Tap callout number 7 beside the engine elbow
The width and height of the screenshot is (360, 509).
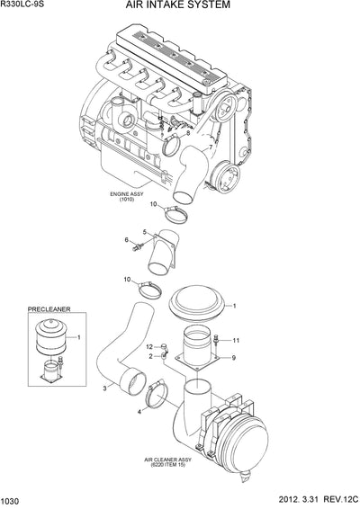[x=211, y=147]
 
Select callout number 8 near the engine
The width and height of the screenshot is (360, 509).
[x=187, y=133]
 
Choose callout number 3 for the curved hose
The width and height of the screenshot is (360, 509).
[x=105, y=388]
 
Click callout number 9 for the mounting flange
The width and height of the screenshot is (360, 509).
[x=233, y=359]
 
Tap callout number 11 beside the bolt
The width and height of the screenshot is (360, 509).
[x=237, y=341]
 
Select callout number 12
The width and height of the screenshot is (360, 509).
[x=151, y=345]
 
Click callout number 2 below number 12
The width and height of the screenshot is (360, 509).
[x=151, y=356]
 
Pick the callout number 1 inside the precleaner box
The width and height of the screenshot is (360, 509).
[x=79, y=336]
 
